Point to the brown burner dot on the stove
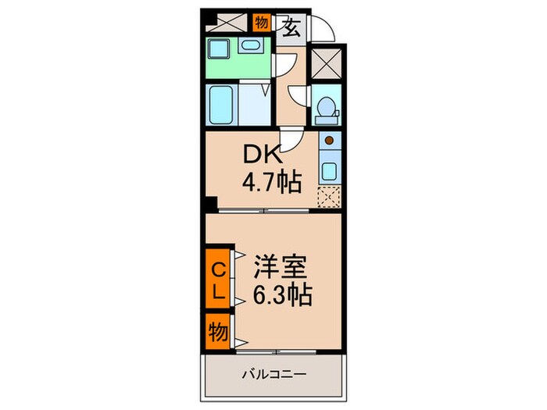[x=329, y=141]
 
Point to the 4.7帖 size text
[x=270, y=184]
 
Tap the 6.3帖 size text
[x=283, y=296]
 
